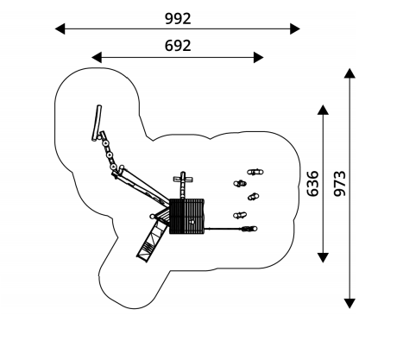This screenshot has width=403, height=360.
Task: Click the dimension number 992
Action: pos(178,19)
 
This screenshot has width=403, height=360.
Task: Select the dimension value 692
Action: pos(178,46)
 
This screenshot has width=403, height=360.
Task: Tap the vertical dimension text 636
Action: pos(313,184)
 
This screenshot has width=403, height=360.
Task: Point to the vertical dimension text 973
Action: pos(340,184)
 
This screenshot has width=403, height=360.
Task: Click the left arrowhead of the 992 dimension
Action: pos(60,28)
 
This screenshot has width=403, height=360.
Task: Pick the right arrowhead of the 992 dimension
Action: pos(295,28)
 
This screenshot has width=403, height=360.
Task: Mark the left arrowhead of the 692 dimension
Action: pos(97,57)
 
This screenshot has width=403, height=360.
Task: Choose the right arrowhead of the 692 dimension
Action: pos(259,57)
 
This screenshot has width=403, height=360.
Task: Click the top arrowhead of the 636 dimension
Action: pos(323,110)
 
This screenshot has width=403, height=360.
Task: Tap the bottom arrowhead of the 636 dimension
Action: pos(323,257)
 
